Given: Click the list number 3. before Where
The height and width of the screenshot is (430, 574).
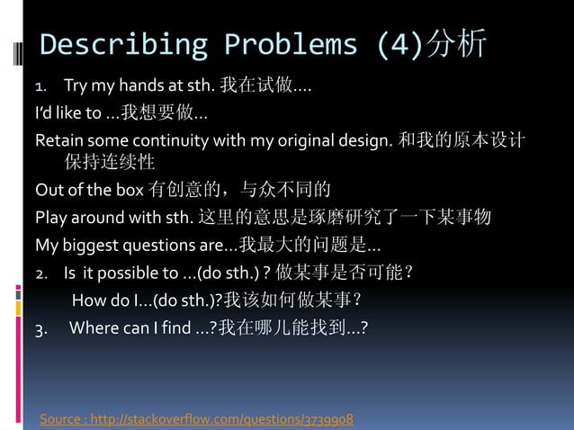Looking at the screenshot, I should click(x=41, y=327).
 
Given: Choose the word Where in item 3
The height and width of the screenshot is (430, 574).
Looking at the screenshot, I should click(x=93, y=327).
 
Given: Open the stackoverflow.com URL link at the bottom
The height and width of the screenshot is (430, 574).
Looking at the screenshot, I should click(x=229, y=419).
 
